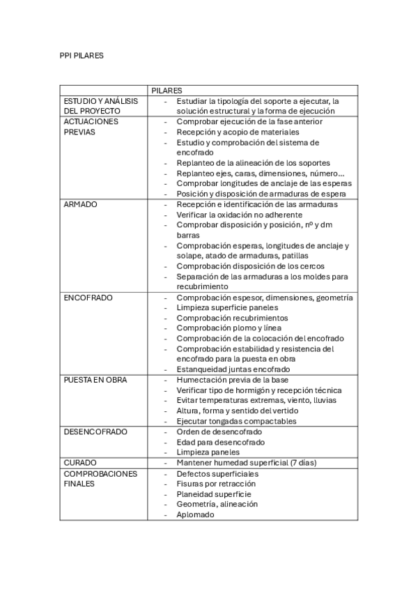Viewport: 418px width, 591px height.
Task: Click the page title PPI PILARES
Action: tap(82, 55)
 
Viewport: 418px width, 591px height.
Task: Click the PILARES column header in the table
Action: tap(167, 91)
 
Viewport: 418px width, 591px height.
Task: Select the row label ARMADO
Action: tap(80, 204)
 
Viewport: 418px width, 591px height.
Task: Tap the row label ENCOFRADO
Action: tap(88, 298)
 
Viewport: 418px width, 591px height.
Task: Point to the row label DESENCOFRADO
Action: tap(95, 431)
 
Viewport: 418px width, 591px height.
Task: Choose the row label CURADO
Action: tap(80, 462)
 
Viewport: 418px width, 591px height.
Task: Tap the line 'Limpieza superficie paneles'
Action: tap(231, 308)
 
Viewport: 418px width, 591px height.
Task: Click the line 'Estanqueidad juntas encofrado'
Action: tap(233, 369)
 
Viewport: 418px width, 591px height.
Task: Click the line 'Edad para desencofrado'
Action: tap(220, 442)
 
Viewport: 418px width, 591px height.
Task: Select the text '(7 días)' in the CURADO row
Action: tap(320, 462)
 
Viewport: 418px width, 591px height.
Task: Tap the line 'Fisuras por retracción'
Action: tap(217, 484)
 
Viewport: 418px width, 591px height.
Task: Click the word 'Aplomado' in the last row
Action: tap(195, 514)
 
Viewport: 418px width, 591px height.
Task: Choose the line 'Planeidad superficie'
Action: tap(213, 493)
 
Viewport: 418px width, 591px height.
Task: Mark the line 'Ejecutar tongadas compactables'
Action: tap(237, 421)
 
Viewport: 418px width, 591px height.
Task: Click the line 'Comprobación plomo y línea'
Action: tap(230, 328)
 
